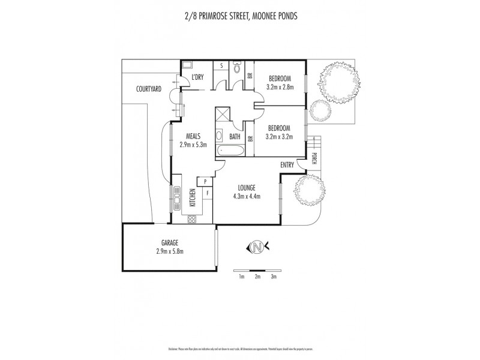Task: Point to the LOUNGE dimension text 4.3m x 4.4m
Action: [x=247, y=195]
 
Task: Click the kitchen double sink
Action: [x=178, y=196]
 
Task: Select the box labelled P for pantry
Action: [x=205, y=181]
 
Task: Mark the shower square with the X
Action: [x=221, y=114]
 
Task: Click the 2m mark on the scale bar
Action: [x=257, y=277]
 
